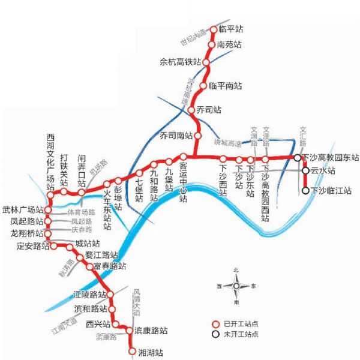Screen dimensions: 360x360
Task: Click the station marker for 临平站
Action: coord(215,29)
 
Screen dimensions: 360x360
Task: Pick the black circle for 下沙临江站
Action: coord(305,191)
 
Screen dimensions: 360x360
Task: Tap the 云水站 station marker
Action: coord(305,170)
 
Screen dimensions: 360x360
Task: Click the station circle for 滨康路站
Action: coord(129,331)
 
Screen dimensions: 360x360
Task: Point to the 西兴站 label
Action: coord(98,323)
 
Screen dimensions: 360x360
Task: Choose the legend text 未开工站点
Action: coord(242,333)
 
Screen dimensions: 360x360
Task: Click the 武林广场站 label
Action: coord(23,210)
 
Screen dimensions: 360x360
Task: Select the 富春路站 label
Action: coord(109,265)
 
